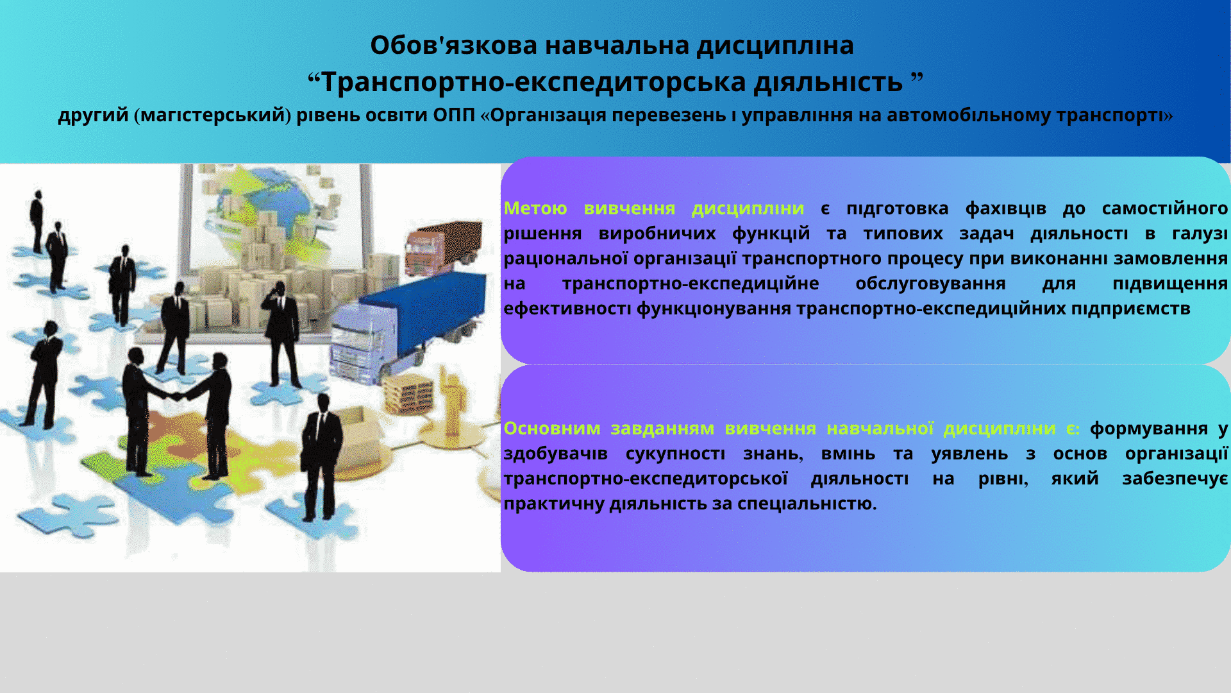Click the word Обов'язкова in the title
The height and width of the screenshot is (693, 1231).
click(453, 45)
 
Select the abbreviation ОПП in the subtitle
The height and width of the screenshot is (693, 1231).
click(454, 115)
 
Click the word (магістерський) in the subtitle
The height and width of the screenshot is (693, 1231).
click(213, 116)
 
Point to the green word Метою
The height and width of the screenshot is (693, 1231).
click(535, 209)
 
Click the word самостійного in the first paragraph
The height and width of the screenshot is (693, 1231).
click(1165, 209)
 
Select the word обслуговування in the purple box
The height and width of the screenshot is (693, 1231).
click(930, 284)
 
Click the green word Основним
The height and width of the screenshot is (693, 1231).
click(552, 428)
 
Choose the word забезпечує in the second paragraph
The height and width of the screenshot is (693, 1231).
click(1175, 479)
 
